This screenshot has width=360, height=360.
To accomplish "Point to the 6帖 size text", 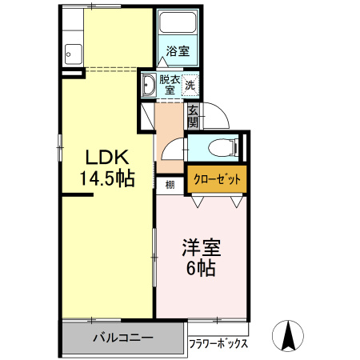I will [x=202, y=269].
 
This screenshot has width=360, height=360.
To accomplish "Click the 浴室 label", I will [x=178, y=52].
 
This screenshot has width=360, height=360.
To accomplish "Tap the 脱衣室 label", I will [x=170, y=84].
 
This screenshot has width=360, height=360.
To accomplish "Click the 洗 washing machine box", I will [x=190, y=83].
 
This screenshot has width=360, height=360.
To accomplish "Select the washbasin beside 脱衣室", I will [x=149, y=86].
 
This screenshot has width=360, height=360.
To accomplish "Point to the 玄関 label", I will [x=193, y=118].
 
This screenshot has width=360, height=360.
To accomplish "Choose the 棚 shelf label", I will [x=170, y=186].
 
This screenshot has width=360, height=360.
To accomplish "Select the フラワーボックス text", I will [x=218, y=345].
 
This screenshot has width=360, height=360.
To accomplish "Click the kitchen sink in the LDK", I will [x=70, y=55].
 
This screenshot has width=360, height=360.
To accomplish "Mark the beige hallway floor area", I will [x=170, y=132].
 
